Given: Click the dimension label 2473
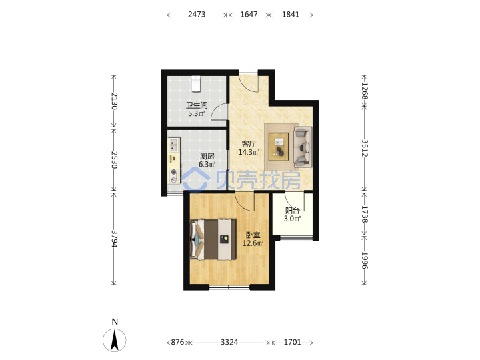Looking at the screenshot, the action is tap(197, 15).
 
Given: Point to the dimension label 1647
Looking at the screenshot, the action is tap(249, 15).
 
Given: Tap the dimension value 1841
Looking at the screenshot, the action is tap(290, 15).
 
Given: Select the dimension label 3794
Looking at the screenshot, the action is tap(114, 239).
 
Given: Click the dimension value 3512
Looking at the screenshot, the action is tap(364, 148).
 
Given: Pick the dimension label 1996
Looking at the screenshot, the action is tap(364, 260).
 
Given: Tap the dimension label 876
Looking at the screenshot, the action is tap(177, 342).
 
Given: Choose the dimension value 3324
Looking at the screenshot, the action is tap(229, 342).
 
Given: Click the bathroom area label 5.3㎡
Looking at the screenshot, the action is tap(197, 113).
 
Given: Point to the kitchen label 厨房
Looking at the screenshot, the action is tap(207, 156).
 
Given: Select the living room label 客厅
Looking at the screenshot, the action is tap(249, 143).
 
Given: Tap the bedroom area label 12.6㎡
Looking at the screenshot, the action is tap(253, 243).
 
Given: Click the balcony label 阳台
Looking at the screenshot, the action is tap(293, 210).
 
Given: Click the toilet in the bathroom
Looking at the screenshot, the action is tap(196, 84).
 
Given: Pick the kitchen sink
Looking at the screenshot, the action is tap(173, 145).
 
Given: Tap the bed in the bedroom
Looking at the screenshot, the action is tap(213, 239).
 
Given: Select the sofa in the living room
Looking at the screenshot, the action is tap(303, 147).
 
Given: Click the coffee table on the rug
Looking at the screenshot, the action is tap(279, 146).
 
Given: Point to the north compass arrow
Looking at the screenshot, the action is tap(115, 340).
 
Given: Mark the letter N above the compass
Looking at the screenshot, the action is tap(115, 321).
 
